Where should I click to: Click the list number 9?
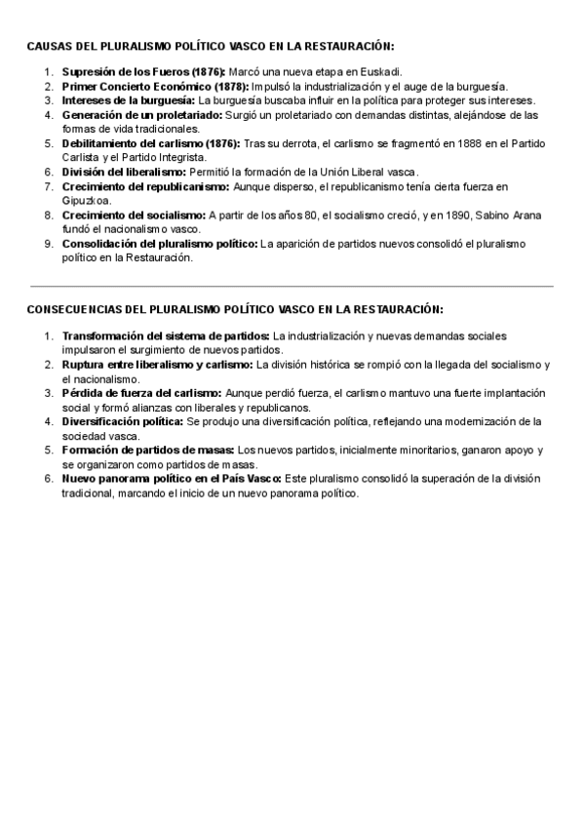pyautogui.click(x=49, y=244)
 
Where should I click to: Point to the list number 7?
pyautogui.click(x=49, y=186)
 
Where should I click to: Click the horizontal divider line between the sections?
pyautogui.click(x=292, y=286)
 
